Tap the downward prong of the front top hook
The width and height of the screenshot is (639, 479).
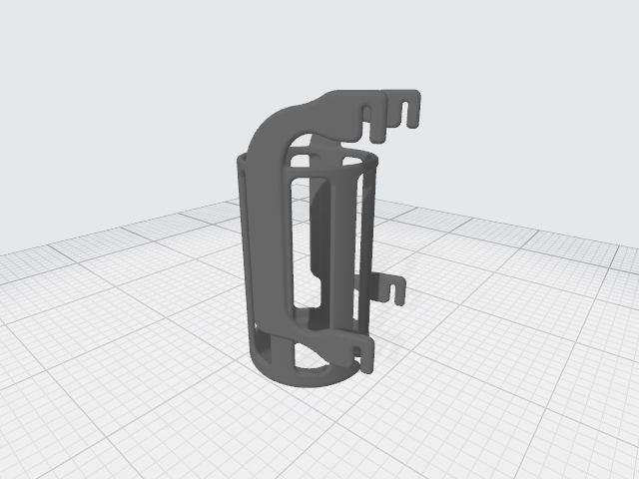(377, 133)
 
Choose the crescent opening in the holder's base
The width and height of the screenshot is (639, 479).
(304, 357)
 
